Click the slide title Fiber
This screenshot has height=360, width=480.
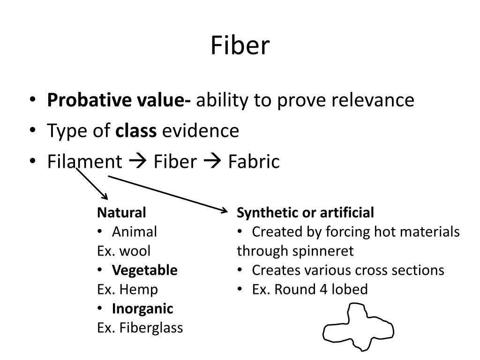240,46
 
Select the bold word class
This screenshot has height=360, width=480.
136,131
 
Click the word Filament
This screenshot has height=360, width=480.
84,162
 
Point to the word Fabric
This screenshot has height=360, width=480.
254,162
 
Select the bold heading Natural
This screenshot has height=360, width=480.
122,213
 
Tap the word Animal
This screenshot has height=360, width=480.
135,232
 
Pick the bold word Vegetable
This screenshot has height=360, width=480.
145,270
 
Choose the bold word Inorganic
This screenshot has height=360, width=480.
142,309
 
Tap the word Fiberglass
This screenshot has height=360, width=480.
150,328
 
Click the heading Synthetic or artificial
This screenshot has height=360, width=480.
306,213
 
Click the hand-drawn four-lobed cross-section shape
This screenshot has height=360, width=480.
358,327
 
